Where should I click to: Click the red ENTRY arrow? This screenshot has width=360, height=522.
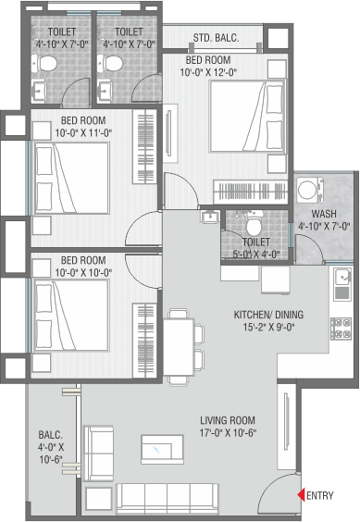301,495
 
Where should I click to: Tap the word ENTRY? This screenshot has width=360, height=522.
319,495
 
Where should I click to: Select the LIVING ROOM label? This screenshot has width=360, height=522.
228,420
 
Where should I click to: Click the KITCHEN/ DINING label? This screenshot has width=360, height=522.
268,315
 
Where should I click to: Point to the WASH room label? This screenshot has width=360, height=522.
324,214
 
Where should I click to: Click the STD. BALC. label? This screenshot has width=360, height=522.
217,38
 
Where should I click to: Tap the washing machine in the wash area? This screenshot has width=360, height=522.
310,190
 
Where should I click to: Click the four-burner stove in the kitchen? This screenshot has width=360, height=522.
341,329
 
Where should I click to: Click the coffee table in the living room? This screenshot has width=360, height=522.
162,449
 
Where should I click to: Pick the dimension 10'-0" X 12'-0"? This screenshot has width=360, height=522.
208,72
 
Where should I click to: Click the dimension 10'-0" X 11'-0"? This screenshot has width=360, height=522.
83,133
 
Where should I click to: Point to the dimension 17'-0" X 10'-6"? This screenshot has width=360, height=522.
228,433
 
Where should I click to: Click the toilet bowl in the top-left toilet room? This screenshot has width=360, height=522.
44,63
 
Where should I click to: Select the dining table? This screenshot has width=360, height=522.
179,347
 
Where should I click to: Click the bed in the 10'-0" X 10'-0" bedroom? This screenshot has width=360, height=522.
71,315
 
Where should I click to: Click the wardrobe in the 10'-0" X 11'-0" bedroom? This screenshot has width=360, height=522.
145,146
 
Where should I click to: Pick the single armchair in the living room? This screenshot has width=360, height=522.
98,453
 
